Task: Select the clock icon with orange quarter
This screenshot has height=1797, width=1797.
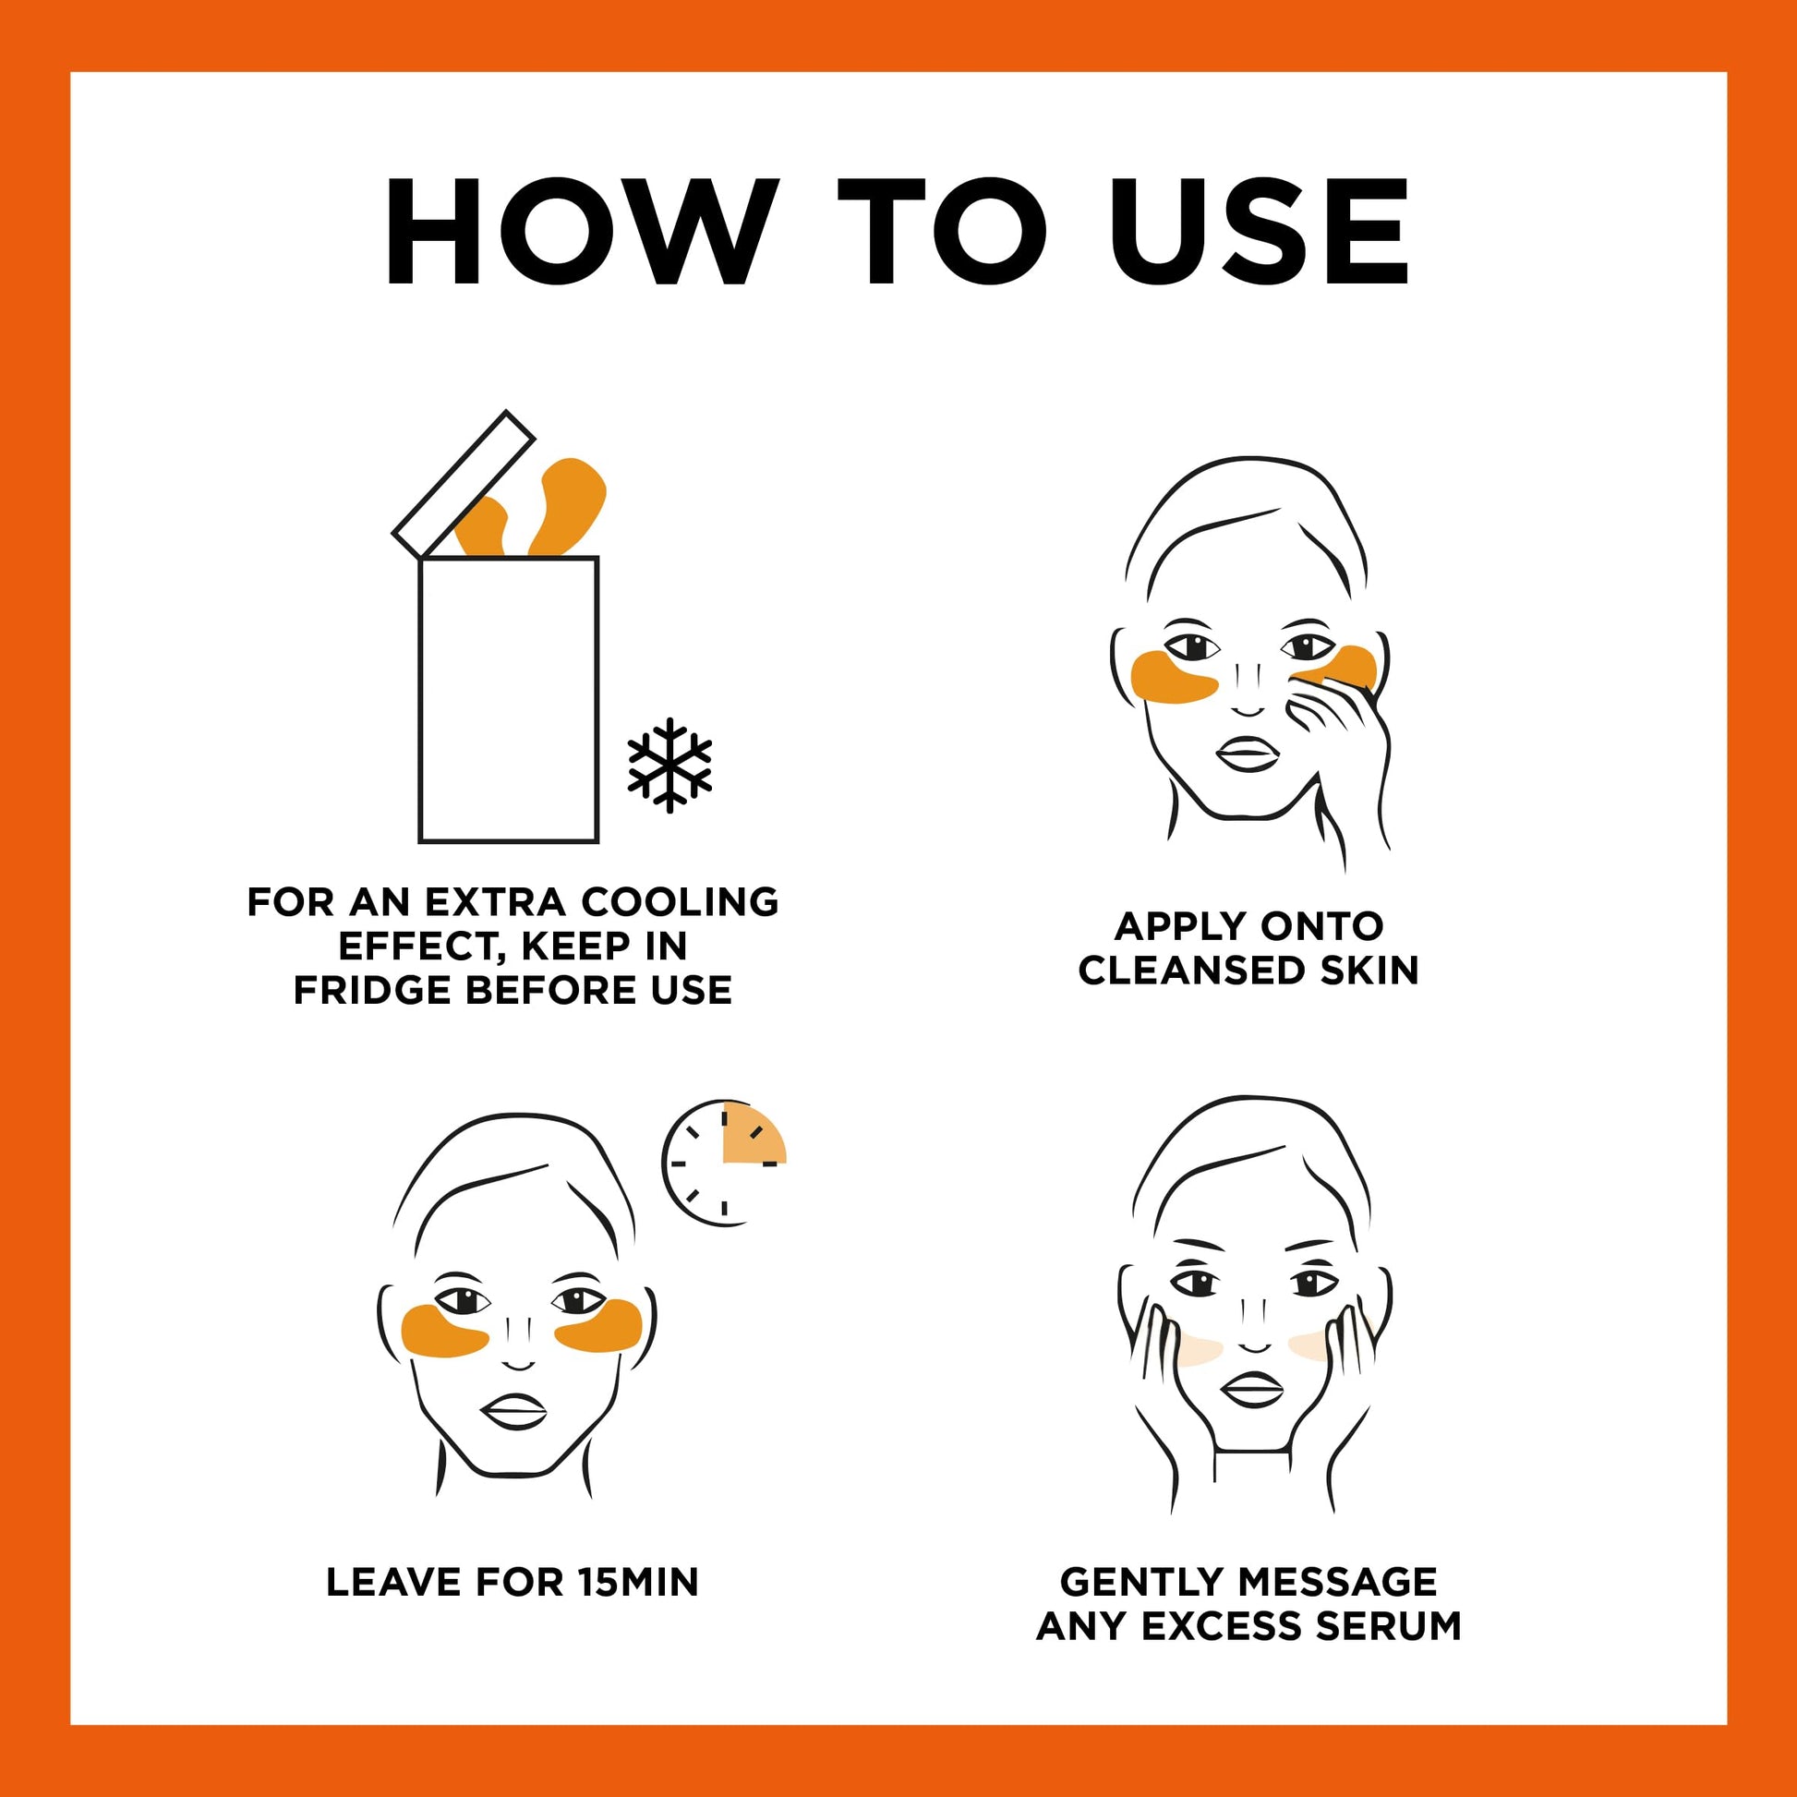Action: (x=725, y=1164)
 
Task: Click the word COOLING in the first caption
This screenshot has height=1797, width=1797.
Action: (x=679, y=902)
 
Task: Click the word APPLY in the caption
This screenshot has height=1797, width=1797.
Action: (x=1168, y=926)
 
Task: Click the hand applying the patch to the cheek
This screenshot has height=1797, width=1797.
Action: (x=1344, y=735)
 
